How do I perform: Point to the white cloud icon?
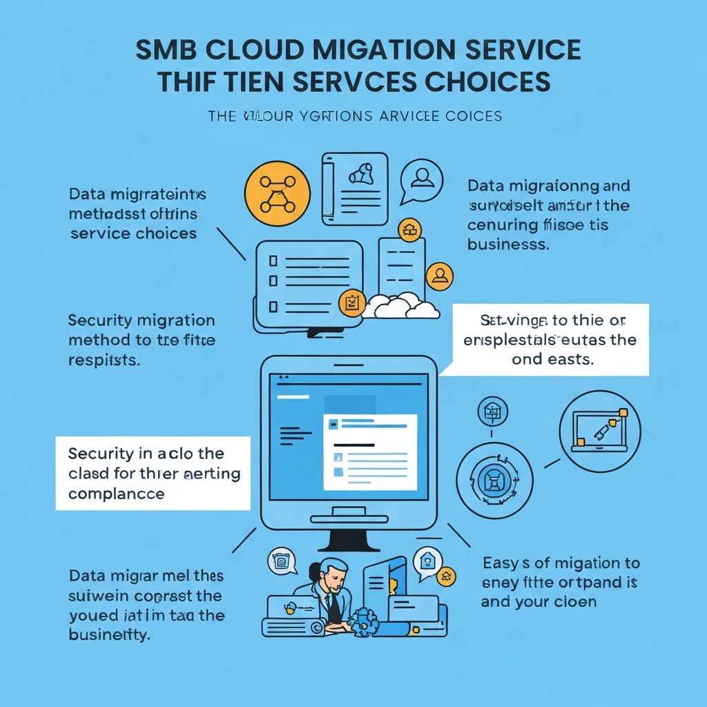pyautogui.click(x=401, y=306)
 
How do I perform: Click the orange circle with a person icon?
pyautogui.click(x=440, y=276)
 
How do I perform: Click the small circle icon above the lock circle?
pyautogui.click(x=493, y=412)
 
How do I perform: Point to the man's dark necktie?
pyautogui.click(x=334, y=607)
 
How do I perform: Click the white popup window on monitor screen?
pyautogui.click(x=371, y=452)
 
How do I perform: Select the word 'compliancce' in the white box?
pyautogui.click(x=117, y=494)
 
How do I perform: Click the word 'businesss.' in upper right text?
pyautogui.click(x=508, y=244)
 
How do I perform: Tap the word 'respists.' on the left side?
pyautogui.click(x=104, y=360)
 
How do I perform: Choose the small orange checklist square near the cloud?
pyautogui.click(x=351, y=302)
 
